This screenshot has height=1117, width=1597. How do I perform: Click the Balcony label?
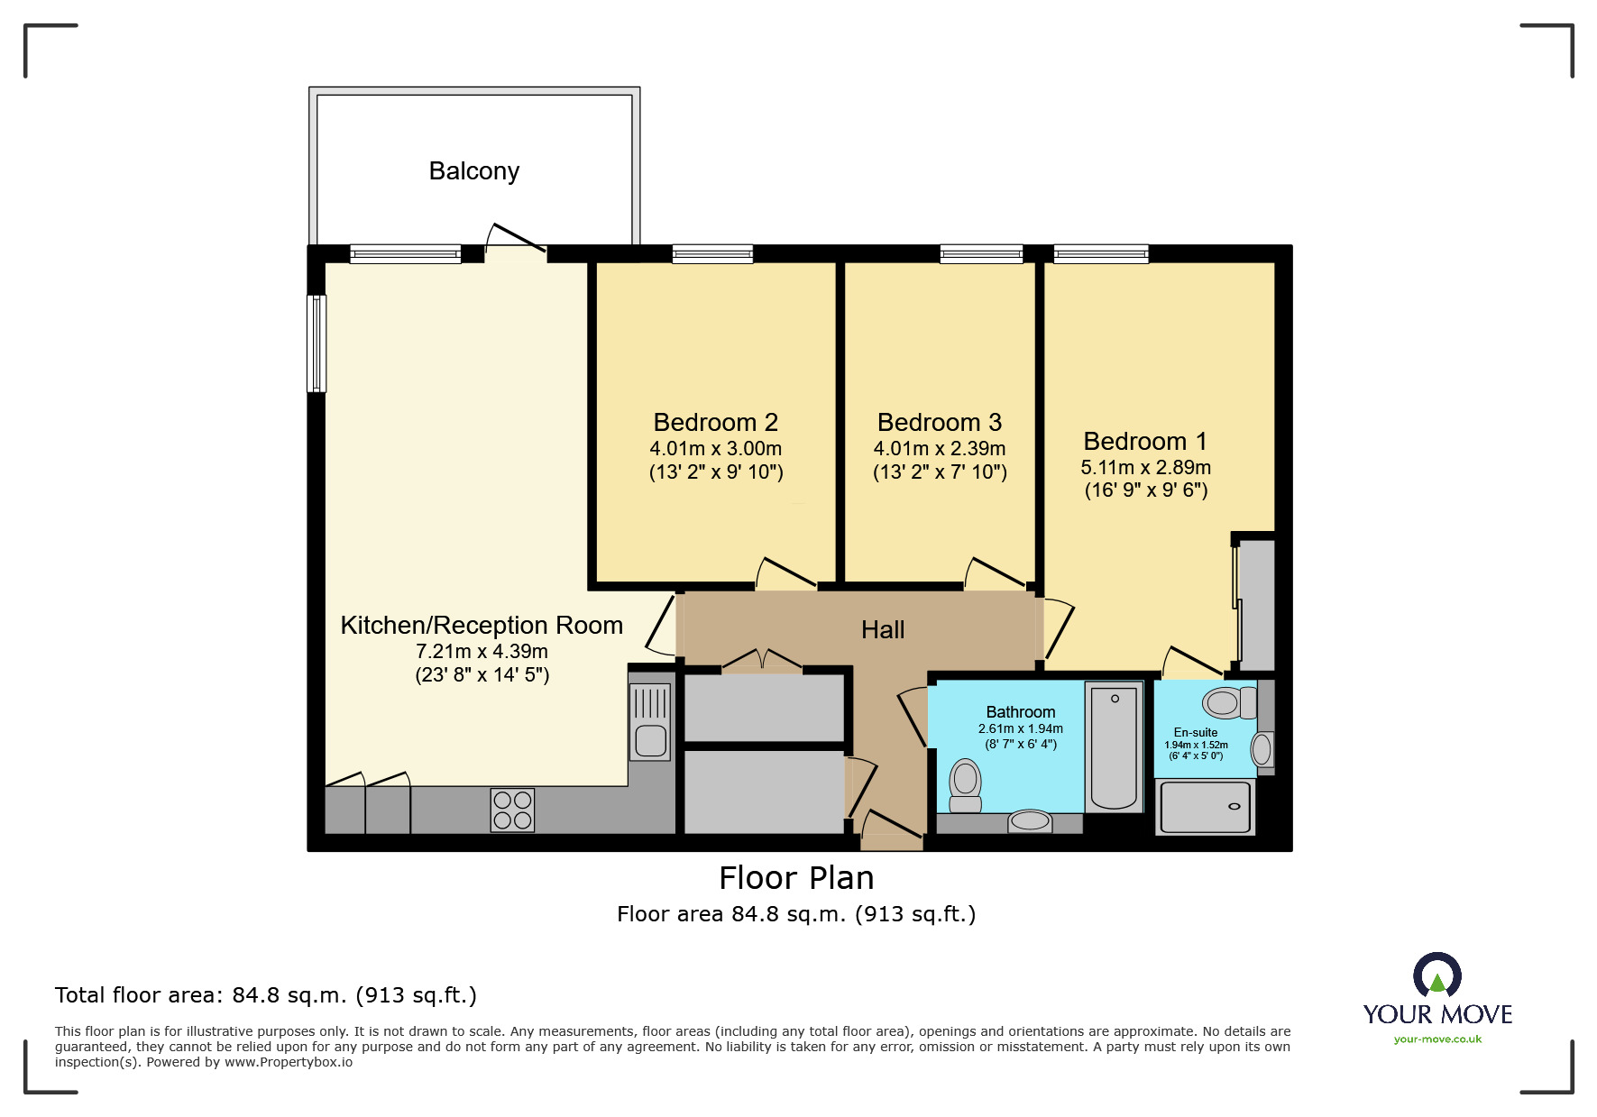tap(473, 171)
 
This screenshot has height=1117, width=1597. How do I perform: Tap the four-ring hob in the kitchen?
tap(512, 810)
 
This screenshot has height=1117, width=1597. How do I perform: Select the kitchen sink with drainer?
tap(650, 721)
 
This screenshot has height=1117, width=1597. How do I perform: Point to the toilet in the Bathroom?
tap(966, 785)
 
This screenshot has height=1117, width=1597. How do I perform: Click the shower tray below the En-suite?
tap(1206, 807)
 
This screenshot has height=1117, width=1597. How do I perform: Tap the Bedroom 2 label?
tap(715, 422)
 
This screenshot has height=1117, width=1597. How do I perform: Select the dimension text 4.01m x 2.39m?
tap(939, 448)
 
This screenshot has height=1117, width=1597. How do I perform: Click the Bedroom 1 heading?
tap(1144, 441)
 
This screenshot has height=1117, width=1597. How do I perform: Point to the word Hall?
tap(882, 629)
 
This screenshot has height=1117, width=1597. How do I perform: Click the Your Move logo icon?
tap(1436, 975)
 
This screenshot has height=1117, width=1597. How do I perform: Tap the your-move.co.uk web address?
tap(1437, 1039)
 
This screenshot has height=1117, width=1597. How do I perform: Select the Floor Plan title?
tap(796, 877)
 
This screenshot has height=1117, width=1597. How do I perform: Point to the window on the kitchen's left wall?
tap(317, 343)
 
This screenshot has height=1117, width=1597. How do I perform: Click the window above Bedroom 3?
tap(981, 254)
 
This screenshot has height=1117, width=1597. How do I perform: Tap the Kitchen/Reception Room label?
tap(482, 625)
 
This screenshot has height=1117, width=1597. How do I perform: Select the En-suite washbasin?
tap(1262, 749)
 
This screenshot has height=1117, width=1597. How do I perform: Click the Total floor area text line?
tap(266, 995)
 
